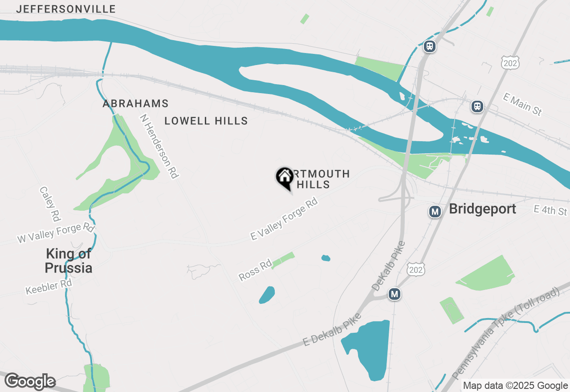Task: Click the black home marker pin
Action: pos(285,178)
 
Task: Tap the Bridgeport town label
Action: pos(483,209)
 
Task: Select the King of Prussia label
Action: pos(69,261)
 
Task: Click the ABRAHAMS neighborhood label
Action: pos(135,104)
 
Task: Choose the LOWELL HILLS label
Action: pos(206,121)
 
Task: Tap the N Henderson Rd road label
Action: pos(159,146)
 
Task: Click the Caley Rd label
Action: pos(50,204)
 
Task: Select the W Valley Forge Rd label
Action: pos(56,233)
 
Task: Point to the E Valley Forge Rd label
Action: pos(284,219)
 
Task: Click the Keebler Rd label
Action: pos(49,287)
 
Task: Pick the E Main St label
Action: pos(522,104)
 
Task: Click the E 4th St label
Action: pos(550,210)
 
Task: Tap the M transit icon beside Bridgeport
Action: pos(435,212)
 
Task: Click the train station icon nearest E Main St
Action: pos(477,107)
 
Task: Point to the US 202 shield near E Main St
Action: pos(510,63)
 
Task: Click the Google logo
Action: pos(30,381)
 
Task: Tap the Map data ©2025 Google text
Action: pos(515,386)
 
